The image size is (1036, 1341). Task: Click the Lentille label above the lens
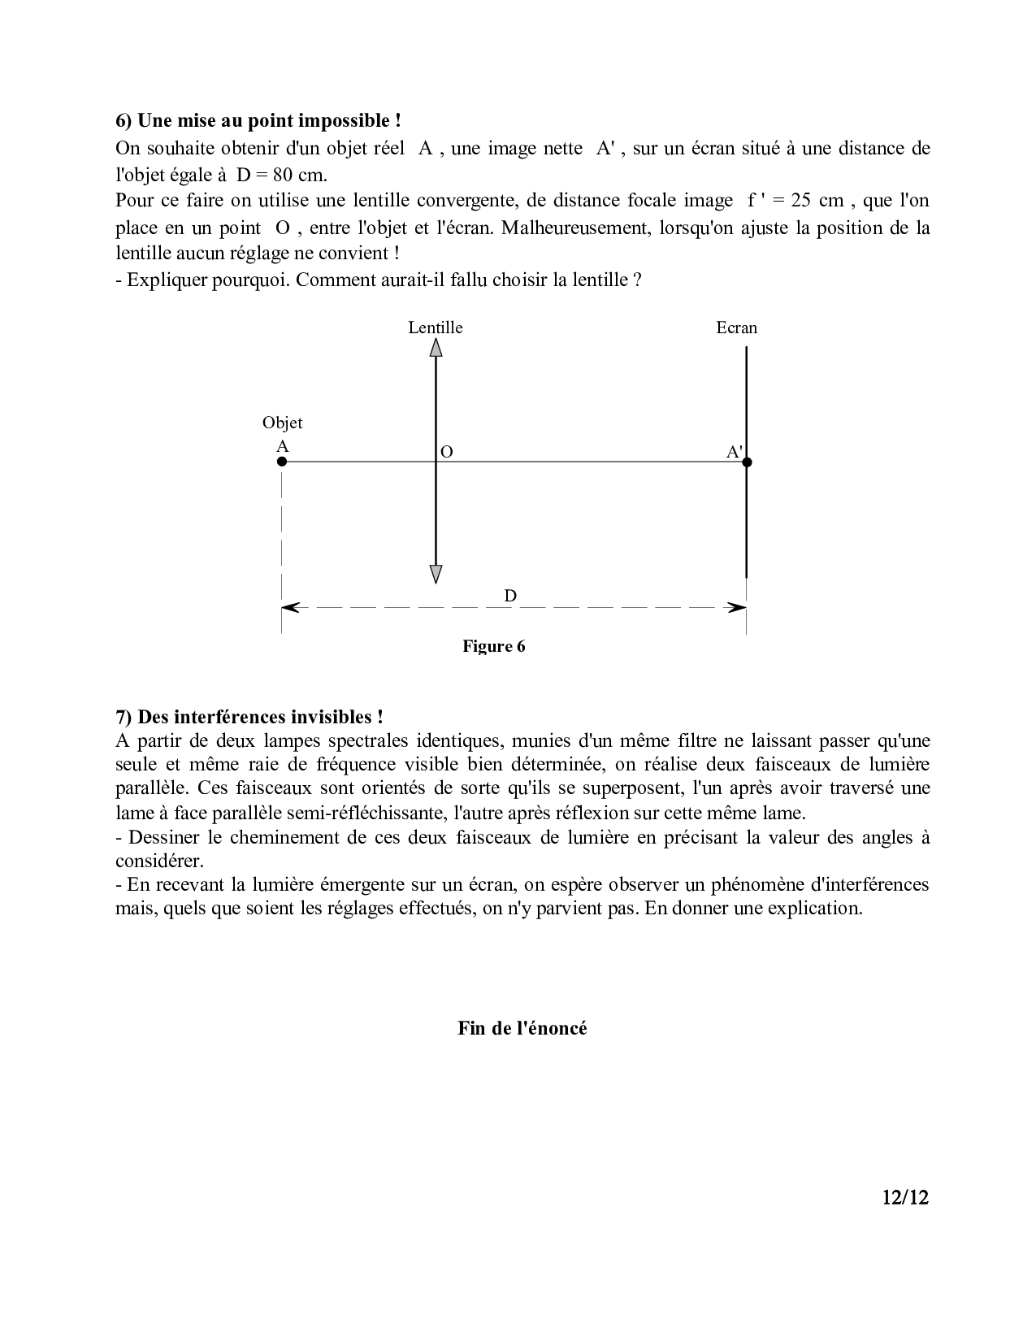(x=436, y=328)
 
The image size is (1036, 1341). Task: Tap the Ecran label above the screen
(x=736, y=328)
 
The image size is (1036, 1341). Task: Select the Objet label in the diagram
(x=282, y=423)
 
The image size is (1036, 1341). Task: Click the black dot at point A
(x=282, y=462)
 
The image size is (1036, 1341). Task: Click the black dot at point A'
(x=747, y=462)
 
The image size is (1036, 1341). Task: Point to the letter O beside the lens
(x=446, y=452)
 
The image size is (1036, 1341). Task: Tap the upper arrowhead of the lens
(x=436, y=348)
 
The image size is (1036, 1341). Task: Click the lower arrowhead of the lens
(x=436, y=574)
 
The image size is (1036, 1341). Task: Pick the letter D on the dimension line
(x=510, y=596)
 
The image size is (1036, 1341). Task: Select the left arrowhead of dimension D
(x=289, y=607)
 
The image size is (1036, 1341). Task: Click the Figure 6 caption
(x=494, y=646)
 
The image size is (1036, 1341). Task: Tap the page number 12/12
(x=904, y=1197)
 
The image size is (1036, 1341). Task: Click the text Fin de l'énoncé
(x=522, y=1028)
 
